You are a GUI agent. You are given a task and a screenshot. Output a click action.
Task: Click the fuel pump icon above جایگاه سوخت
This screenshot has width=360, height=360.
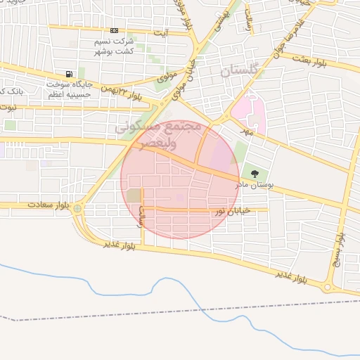(x=68, y=74)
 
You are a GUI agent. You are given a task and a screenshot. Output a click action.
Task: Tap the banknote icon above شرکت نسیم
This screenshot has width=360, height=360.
(x=114, y=31)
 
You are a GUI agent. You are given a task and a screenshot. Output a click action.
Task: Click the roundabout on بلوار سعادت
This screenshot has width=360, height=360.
(x=77, y=209)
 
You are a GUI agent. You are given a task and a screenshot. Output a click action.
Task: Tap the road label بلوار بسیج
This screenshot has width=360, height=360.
(x=341, y=247)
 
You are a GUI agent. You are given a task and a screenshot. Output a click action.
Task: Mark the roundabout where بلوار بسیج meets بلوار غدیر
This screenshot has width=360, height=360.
(x=327, y=287)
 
